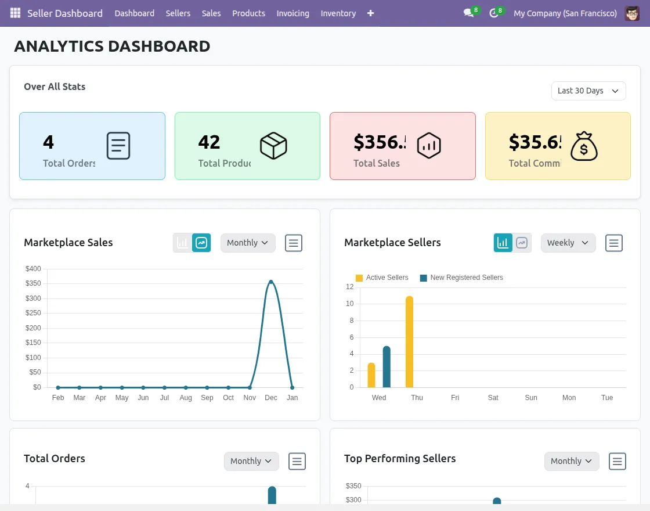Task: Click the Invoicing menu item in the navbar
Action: pyautogui.click(x=292, y=13)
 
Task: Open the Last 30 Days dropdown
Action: pyautogui.click(x=588, y=91)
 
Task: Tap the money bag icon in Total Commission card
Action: pyautogui.click(x=583, y=146)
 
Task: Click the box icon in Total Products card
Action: pyautogui.click(x=273, y=146)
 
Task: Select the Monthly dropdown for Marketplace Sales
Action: pyautogui.click(x=248, y=243)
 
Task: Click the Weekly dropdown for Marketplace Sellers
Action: pyautogui.click(x=568, y=243)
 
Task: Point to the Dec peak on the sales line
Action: pyautogui.click(x=270, y=282)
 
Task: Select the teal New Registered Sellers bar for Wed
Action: pyautogui.click(x=387, y=366)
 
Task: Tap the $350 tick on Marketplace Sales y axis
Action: pyautogui.click(x=34, y=283)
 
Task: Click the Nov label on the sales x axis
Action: pyautogui.click(x=250, y=398)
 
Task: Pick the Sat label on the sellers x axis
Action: pyautogui.click(x=493, y=398)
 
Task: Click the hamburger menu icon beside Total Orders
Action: pyautogui.click(x=297, y=461)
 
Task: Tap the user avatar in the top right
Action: pyautogui.click(x=632, y=13)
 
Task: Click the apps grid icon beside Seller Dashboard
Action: pyautogui.click(x=15, y=13)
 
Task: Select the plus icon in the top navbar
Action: pyautogui.click(x=370, y=13)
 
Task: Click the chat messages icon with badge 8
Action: pyautogui.click(x=468, y=13)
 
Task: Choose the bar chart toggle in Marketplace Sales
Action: pyautogui.click(x=183, y=243)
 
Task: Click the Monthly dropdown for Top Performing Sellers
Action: pyautogui.click(x=572, y=461)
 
